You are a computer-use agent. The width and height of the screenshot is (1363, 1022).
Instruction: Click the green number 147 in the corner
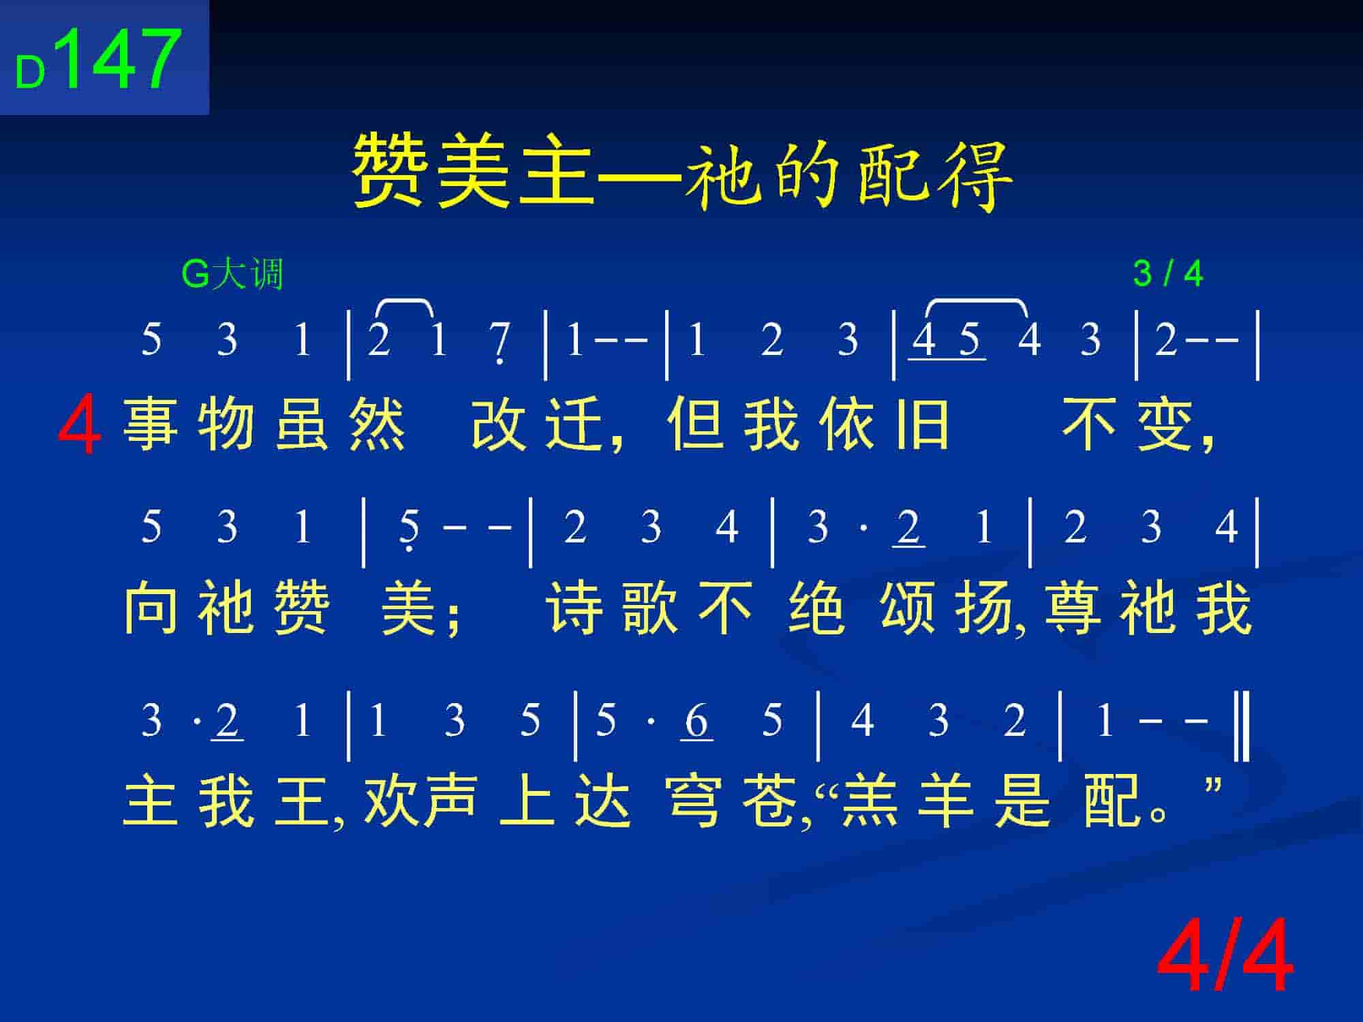pyautogui.click(x=121, y=59)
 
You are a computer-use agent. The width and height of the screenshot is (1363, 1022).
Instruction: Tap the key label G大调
pyautogui.click(x=232, y=275)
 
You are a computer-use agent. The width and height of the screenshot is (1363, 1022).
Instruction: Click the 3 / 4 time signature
pyautogui.click(x=1167, y=275)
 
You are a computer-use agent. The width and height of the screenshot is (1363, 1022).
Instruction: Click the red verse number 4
pyautogui.click(x=80, y=427)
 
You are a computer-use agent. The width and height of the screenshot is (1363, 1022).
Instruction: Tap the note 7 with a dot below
pyautogui.click(x=500, y=342)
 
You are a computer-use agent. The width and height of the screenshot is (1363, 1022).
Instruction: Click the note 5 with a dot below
pyautogui.click(x=409, y=530)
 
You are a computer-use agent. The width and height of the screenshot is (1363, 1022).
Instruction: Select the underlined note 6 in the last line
pyautogui.click(x=696, y=721)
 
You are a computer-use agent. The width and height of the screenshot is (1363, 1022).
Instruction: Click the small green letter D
pyautogui.click(x=30, y=73)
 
